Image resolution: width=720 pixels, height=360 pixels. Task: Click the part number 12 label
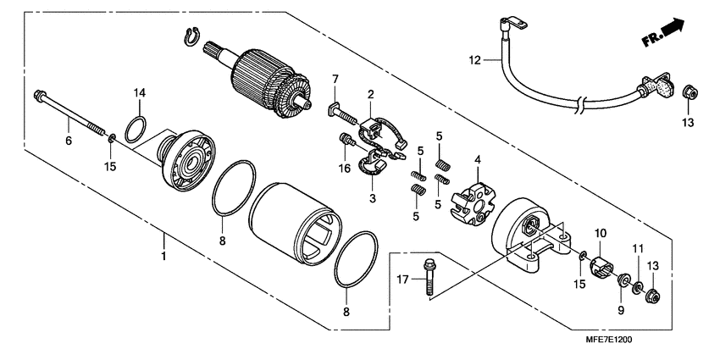click(x=475, y=59)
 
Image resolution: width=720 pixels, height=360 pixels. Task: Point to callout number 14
click(x=140, y=92)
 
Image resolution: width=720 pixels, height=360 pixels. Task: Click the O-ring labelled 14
click(x=134, y=129)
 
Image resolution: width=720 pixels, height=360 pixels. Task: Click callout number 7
click(x=335, y=79)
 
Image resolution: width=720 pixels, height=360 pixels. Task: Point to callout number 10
click(x=600, y=232)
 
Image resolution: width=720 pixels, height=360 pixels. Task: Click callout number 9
click(x=620, y=311)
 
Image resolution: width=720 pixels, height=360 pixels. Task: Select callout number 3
click(x=371, y=198)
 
